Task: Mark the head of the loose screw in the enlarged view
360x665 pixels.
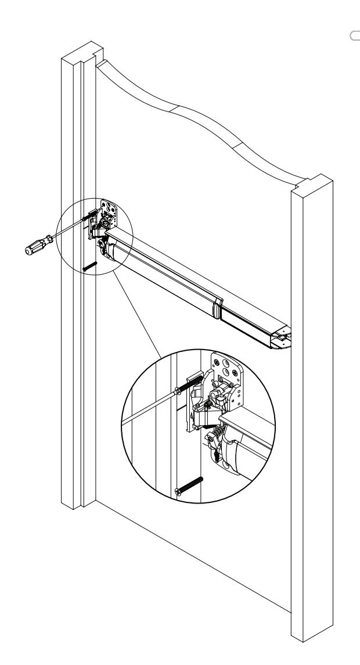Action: click(178, 492)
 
